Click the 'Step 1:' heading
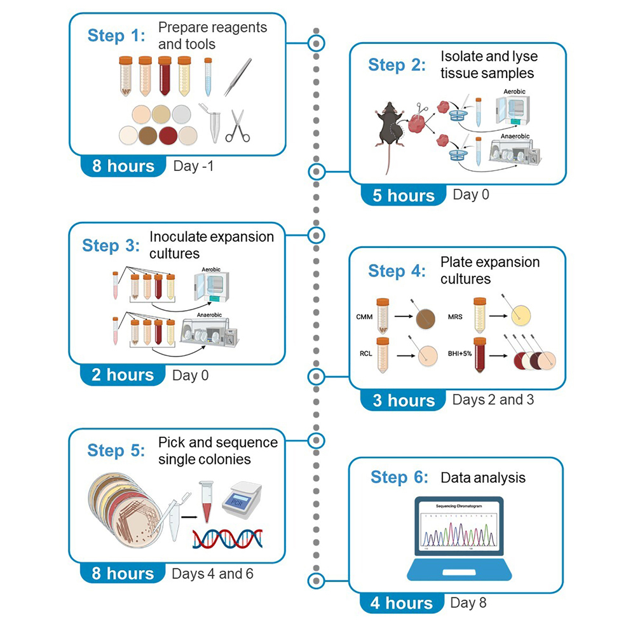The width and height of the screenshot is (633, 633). click(x=116, y=36)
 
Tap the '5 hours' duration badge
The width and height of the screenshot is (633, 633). click(x=404, y=195)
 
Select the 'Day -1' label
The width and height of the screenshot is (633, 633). click(x=193, y=166)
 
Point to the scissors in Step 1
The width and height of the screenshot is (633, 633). click(x=237, y=125)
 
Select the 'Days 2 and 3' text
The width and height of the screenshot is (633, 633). click(x=493, y=400)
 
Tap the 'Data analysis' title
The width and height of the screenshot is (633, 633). click(x=483, y=477)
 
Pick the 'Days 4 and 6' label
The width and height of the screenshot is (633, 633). click(x=212, y=574)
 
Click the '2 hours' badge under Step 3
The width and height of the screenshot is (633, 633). click(x=123, y=375)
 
